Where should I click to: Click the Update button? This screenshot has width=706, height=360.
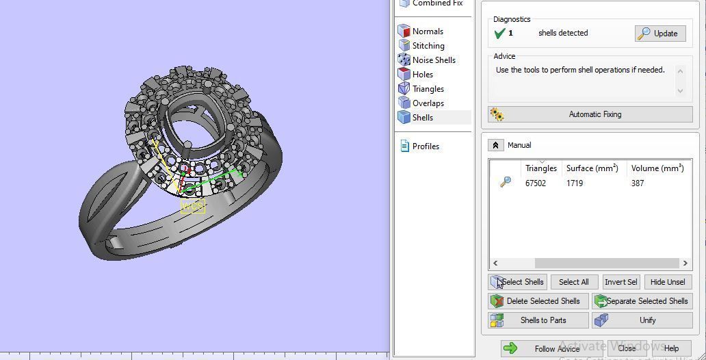pyautogui.click(x=660, y=33)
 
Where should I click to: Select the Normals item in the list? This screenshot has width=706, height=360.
pyautogui.click(x=427, y=31)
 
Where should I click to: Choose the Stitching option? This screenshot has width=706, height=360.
pyautogui.click(x=428, y=46)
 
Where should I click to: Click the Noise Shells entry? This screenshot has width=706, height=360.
pyautogui.click(x=433, y=60)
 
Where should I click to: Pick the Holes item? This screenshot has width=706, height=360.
pyautogui.click(x=422, y=75)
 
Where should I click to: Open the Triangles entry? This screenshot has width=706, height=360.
pyautogui.click(x=428, y=89)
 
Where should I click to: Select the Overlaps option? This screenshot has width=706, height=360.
pyautogui.click(x=428, y=103)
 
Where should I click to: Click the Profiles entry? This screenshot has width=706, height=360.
pyautogui.click(x=425, y=146)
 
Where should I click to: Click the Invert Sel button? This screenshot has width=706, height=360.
pyautogui.click(x=620, y=282)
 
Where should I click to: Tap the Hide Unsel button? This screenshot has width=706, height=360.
pyautogui.click(x=667, y=282)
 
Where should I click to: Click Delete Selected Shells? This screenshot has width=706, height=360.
pyautogui.click(x=538, y=301)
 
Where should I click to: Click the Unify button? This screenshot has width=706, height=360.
pyautogui.click(x=642, y=320)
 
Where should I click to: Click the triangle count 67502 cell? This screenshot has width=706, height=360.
pyautogui.click(x=536, y=183)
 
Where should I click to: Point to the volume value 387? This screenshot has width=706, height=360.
pyautogui.click(x=638, y=183)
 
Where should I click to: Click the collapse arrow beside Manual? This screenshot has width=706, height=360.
pyautogui.click(x=495, y=145)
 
